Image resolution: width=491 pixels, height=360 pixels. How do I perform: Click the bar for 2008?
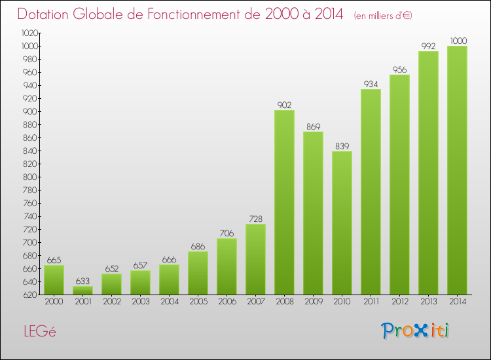[284, 202]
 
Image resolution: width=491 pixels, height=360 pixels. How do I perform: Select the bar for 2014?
[457, 170]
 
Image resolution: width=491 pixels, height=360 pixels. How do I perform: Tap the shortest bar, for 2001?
[82, 290]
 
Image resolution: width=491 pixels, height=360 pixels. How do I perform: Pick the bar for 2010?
[342, 223]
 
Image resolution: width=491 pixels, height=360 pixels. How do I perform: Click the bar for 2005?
[198, 273]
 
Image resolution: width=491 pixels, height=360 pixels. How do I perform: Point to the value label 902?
[284, 105]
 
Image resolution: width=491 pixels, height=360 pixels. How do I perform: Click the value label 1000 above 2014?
[458, 41]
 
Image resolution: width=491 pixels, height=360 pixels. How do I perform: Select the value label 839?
[342, 146]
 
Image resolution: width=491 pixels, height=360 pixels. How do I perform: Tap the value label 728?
[255, 219]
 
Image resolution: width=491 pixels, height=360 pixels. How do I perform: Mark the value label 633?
[82, 281]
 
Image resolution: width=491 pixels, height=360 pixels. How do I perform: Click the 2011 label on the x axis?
[371, 302]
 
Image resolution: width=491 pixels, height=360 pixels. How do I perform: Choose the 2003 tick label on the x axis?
[140, 302]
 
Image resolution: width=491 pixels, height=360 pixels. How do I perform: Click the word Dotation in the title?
[46, 14]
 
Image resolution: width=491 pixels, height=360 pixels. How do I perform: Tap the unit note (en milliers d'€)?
[382, 16]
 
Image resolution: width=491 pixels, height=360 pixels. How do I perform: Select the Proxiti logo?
[416, 331]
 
